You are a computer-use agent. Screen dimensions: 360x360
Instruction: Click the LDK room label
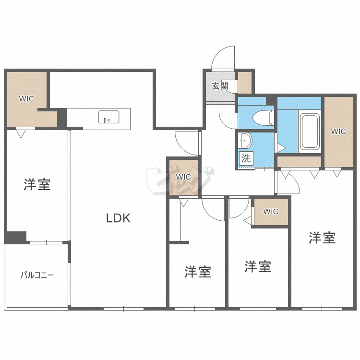click(118, 218)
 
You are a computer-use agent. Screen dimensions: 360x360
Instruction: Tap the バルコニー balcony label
click(37, 276)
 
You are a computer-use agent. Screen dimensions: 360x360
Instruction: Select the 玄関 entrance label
click(220, 86)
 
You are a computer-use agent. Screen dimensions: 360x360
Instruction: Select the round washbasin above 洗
click(245, 140)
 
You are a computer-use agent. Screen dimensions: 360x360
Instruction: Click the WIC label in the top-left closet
click(26, 99)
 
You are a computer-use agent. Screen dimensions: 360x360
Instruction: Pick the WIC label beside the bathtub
click(338, 132)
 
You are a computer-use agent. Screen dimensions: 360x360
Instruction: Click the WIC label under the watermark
click(183, 177)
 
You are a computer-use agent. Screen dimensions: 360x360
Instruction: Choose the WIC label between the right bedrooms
click(271, 211)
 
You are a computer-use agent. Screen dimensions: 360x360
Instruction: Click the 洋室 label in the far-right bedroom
click(322, 238)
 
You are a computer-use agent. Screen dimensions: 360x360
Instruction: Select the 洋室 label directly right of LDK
click(198, 272)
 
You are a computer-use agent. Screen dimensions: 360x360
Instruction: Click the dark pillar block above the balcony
click(15, 237)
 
